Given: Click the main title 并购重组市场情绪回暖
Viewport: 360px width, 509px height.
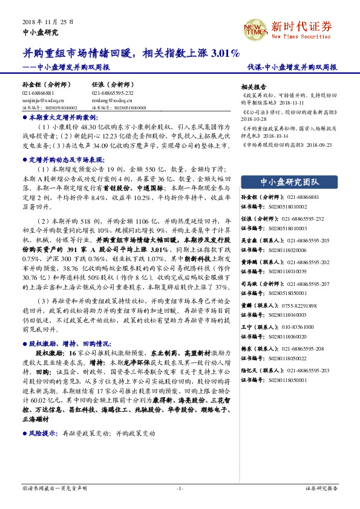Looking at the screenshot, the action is tap(79, 54).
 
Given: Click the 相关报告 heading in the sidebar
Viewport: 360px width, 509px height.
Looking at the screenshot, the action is tap(253, 86).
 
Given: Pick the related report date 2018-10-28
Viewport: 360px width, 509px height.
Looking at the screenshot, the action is tap(255, 120).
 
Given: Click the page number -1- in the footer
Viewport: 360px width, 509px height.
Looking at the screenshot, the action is tap(180, 488).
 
